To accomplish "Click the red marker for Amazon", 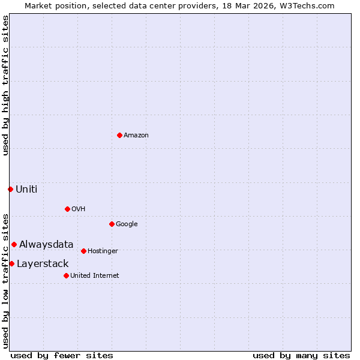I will pyautogui.click(x=119, y=135).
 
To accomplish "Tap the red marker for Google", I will pyautogui.click(x=112, y=224).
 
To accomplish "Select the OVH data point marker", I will pyautogui.click(x=67, y=209).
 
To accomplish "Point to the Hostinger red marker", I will pyautogui.click(x=83, y=251).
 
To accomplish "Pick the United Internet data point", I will pyautogui.click(x=66, y=275).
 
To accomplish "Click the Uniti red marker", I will pyautogui.click(x=10, y=189).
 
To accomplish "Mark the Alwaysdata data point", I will pyautogui.click(x=14, y=244).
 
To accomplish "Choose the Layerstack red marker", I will pyautogui.click(x=11, y=263).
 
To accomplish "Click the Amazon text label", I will pyautogui.click(x=136, y=135).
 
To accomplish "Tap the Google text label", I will pyautogui.click(x=127, y=224).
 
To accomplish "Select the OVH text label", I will pyautogui.click(x=78, y=209).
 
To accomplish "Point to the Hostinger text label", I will pyautogui.click(x=103, y=251).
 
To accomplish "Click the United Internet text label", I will pyautogui.click(x=94, y=275).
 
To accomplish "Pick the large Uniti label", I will pyautogui.click(x=26, y=189).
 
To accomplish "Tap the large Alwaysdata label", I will pyautogui.click(x=46, y=244).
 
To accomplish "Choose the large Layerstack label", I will pyautogui.click(x=43, y=263).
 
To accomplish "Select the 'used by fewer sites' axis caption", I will pyautogui.click(x=62, y=355).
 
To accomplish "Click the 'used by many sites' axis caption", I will pyautogui.click(x=301, y=355).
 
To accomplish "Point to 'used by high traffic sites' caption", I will pyautogui.click(x=5, y=85).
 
